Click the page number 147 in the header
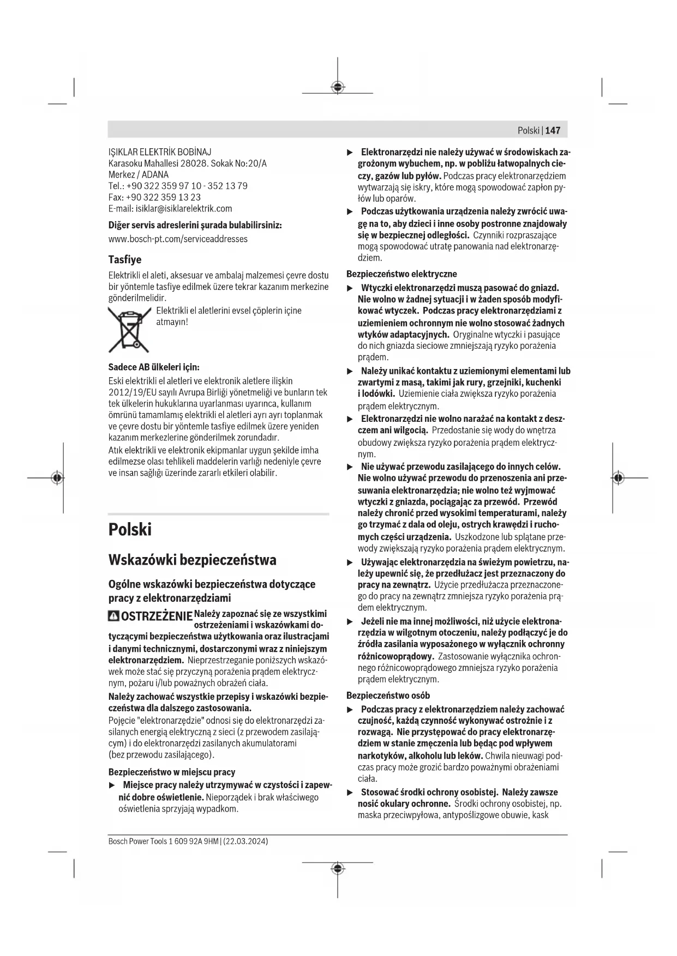pyautogui.click(x=552, y=130)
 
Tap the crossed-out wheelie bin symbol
pyautogui.click(x=129, y=329)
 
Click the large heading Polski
pyautogui.click(x=130, y=530)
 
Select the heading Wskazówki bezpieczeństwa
pyautogui.click(x=192, y=560)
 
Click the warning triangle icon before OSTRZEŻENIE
pyautogui.click(x=113, y=616)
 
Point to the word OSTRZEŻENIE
pyautogui.click(x=156, y=617)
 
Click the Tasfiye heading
pyautogui.click(x=124, y=259)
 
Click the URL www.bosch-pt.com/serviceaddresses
pyautogui.click(x=178, y=239)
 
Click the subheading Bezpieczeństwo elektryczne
pyautogui.click(x=402, y=274)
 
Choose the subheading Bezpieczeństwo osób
pyautogui.click(x=388, y=695)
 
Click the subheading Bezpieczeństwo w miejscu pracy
pyautogui.click(x=172, y=772)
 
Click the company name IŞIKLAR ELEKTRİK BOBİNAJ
pyautogui.click(x=160, y=152)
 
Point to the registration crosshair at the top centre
pyautogui.click(x=338, y=87)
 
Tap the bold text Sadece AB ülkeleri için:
pyautogui.click(x=154, y=367)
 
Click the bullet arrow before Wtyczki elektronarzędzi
pyautogui.click(x=350, y=288)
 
